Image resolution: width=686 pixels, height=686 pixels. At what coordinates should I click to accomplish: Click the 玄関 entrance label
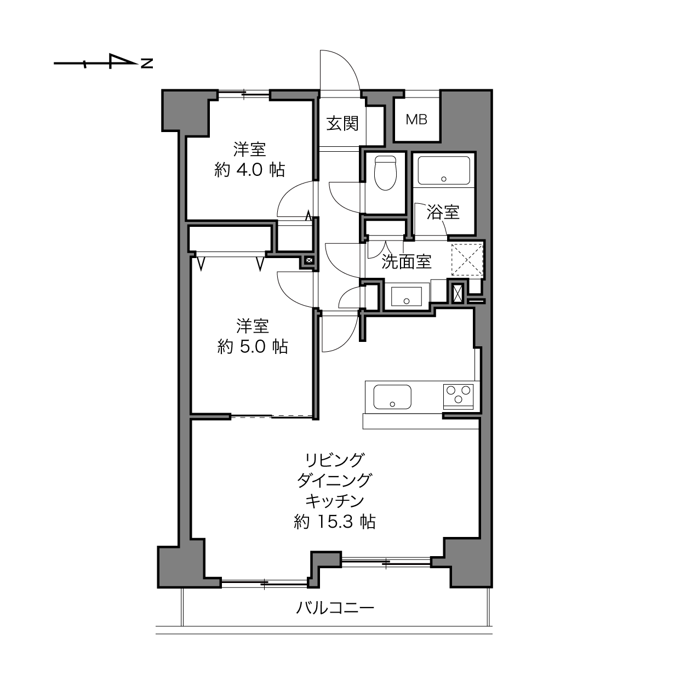[342, 123]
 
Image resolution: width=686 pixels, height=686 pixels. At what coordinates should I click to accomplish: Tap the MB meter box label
[416, 119]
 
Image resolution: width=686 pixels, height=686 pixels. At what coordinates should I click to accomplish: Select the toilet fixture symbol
[385, 173]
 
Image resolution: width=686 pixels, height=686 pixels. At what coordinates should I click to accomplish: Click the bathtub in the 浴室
[444, 170]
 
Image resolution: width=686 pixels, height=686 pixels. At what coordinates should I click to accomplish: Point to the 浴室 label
[443, 212]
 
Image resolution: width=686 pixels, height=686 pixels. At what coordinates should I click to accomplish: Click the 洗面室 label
[407, 262]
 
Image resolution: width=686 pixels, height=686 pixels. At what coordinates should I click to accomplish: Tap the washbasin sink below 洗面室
[406, 296]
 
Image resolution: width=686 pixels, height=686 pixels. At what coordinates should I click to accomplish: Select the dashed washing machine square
[467, 260]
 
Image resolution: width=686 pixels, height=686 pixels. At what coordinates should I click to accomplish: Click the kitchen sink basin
[392, 397]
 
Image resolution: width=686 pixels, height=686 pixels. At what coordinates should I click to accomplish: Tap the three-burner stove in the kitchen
[458, 396]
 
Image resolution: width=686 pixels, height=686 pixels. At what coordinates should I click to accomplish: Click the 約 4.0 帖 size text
[249, 170]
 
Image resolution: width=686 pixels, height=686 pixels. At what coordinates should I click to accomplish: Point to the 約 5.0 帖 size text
[253, 346]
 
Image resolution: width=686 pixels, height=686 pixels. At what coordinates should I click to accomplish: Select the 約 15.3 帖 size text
[335, 522]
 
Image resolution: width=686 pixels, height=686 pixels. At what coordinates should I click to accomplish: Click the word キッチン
[335, 501]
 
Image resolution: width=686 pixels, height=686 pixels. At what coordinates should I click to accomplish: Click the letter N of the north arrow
[147, 64]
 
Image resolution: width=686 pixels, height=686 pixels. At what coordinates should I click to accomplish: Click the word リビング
[335, 460]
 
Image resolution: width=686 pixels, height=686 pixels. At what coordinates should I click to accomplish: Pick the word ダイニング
[335, 480]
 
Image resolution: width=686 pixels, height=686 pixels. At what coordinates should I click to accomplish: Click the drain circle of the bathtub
[444, 179]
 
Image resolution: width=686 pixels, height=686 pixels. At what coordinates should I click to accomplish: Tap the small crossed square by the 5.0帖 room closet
[309, 260]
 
